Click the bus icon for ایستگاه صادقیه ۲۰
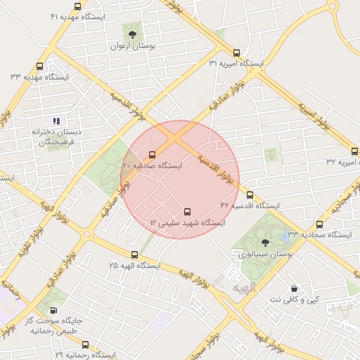click(x=153, y=154)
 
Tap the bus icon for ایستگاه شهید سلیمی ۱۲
click(x=187, y=211)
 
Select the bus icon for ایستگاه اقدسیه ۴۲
click(x=250, y=194)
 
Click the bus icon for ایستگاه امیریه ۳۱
click(x=236, y=52)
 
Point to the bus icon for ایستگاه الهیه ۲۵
click(x=134, y=254)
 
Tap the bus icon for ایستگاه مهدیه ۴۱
click(x=77, y=6)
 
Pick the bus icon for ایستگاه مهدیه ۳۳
click(x=39, y=67)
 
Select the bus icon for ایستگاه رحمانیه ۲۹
click(x=85, y=345)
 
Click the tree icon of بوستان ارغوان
click(x=132, y=32)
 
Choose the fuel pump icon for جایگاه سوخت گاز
click(x=55, y=309)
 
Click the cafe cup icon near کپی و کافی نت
click(x=293, y=288)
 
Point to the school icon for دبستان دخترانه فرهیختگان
click(x=56, y=120)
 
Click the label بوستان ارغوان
click(x=132, y=46)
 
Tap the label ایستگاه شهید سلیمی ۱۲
click(x=187, y=223)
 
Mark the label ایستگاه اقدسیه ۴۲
click(x=250, y=205)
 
